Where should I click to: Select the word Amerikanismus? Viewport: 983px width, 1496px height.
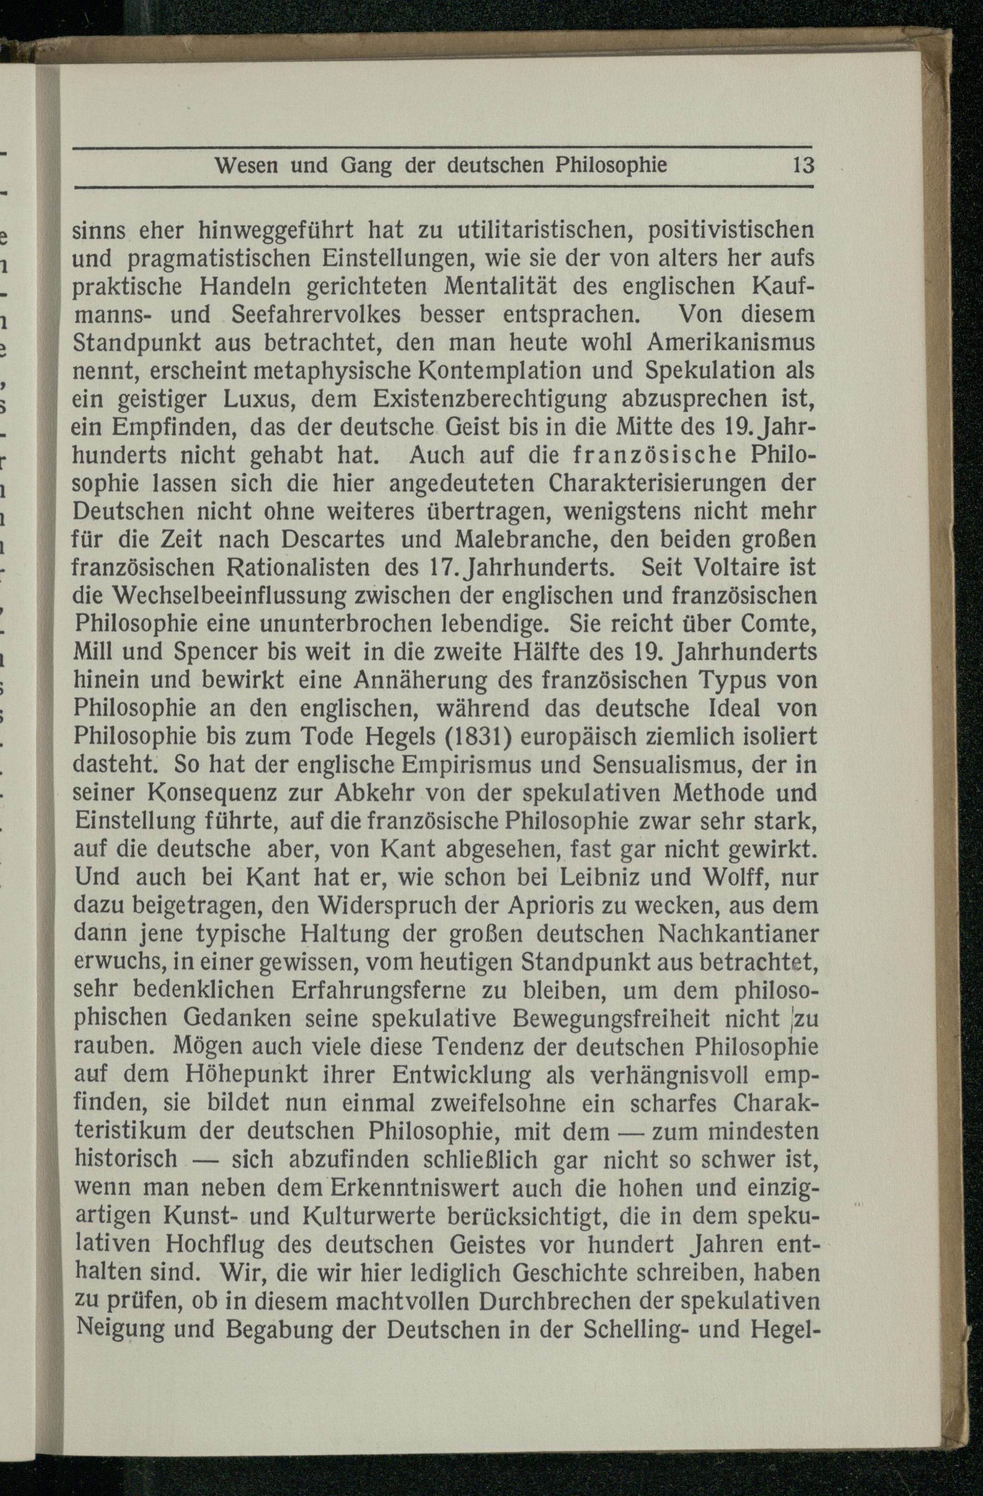[731, 342]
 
